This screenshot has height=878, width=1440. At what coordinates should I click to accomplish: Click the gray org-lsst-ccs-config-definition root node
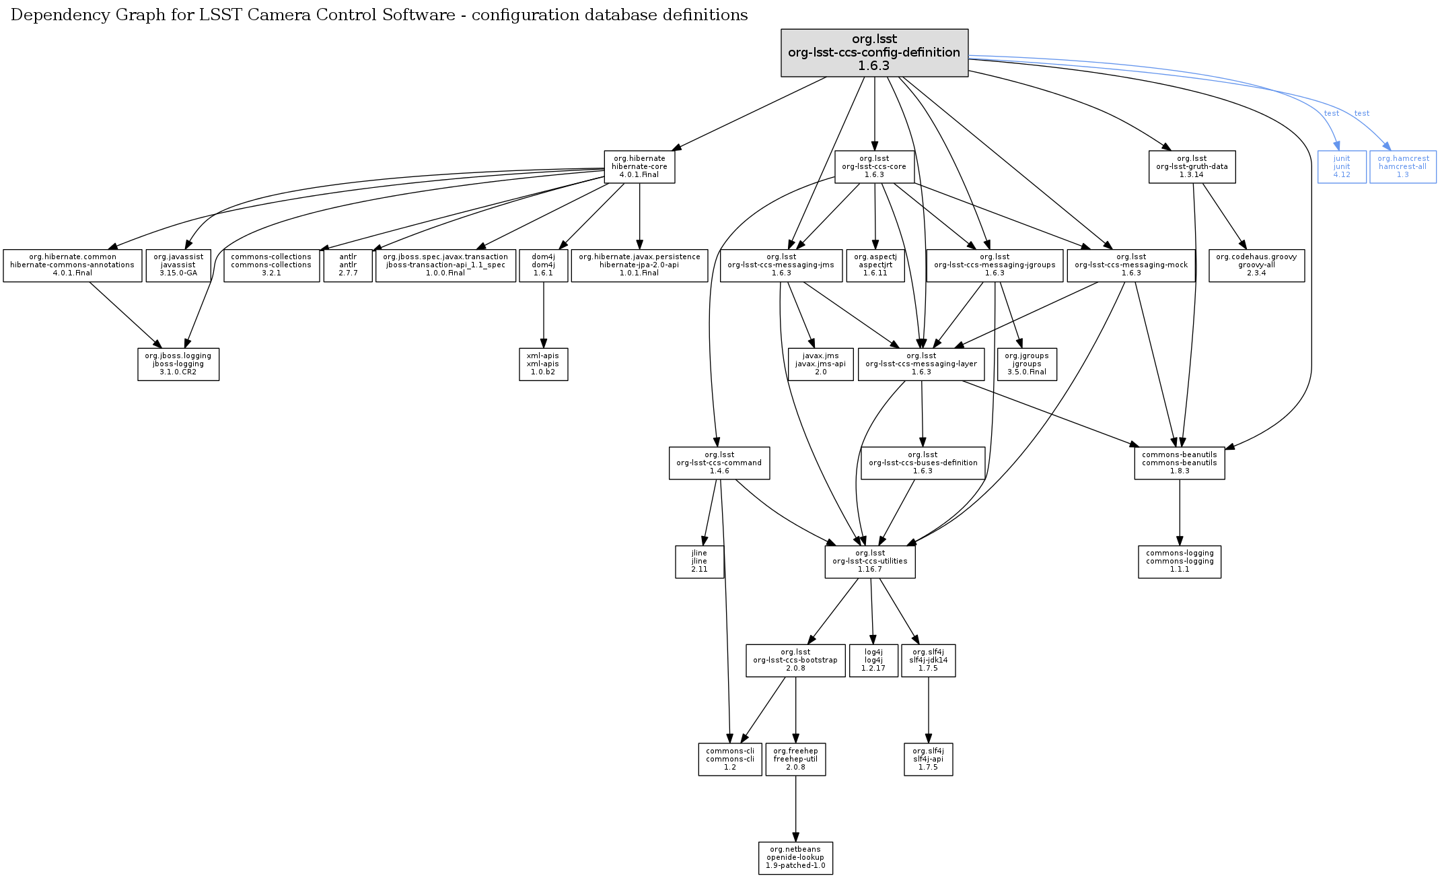[874, 53]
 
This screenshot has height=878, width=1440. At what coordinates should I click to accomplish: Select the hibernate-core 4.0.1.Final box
[639, 166]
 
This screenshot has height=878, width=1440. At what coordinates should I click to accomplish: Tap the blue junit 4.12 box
[1342, 166]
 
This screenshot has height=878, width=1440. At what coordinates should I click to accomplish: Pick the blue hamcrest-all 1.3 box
[1403, 166]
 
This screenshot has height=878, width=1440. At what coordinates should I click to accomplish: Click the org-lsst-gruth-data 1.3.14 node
[1192, 166]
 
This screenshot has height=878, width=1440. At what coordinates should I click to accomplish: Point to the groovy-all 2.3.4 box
[1256, 265]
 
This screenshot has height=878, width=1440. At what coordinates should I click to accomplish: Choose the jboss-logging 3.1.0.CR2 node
[178, 364]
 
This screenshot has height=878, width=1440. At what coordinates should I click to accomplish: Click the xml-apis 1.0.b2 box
[543, 364]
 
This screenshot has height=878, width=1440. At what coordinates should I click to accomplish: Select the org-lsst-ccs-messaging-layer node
[921, 364]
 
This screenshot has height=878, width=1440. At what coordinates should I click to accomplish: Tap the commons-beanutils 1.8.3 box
[1179, 463]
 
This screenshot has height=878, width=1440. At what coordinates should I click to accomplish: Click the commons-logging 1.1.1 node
[1180, 562]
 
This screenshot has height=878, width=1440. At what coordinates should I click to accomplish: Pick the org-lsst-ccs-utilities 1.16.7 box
[870, 562]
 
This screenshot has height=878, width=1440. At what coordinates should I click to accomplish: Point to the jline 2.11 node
[699, 562]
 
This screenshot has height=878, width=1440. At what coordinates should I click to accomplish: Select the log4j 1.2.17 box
[873, 661]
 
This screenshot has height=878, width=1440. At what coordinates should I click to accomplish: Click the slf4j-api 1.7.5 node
[928, 759]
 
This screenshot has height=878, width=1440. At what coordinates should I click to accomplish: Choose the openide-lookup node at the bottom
[795, 858]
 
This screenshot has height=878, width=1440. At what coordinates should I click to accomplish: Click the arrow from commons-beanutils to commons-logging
[1180, 512]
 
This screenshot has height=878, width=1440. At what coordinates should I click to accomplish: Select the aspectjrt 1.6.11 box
[875, 265]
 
